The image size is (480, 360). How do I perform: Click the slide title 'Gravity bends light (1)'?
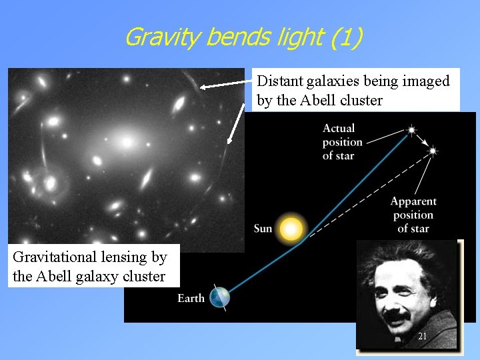243,37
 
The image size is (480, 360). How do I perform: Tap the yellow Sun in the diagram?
291,229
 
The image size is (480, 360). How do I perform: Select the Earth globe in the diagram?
219,297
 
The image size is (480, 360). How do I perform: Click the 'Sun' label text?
263,229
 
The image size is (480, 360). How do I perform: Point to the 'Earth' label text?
191,298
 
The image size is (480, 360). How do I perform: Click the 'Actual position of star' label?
342,141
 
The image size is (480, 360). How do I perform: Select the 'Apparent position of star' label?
413,215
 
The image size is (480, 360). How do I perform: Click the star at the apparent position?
432,151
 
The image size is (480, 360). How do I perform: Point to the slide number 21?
422,337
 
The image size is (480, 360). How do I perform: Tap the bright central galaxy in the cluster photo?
127,142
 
